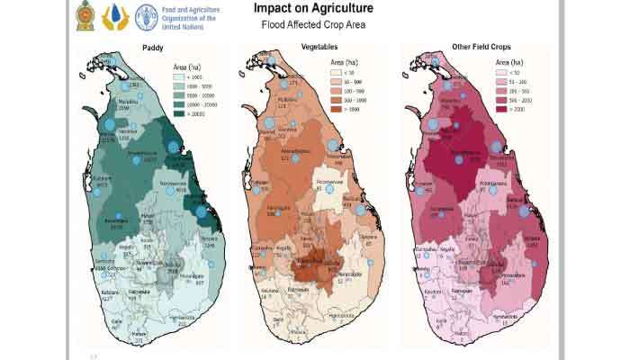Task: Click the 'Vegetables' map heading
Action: tap(319, 46)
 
